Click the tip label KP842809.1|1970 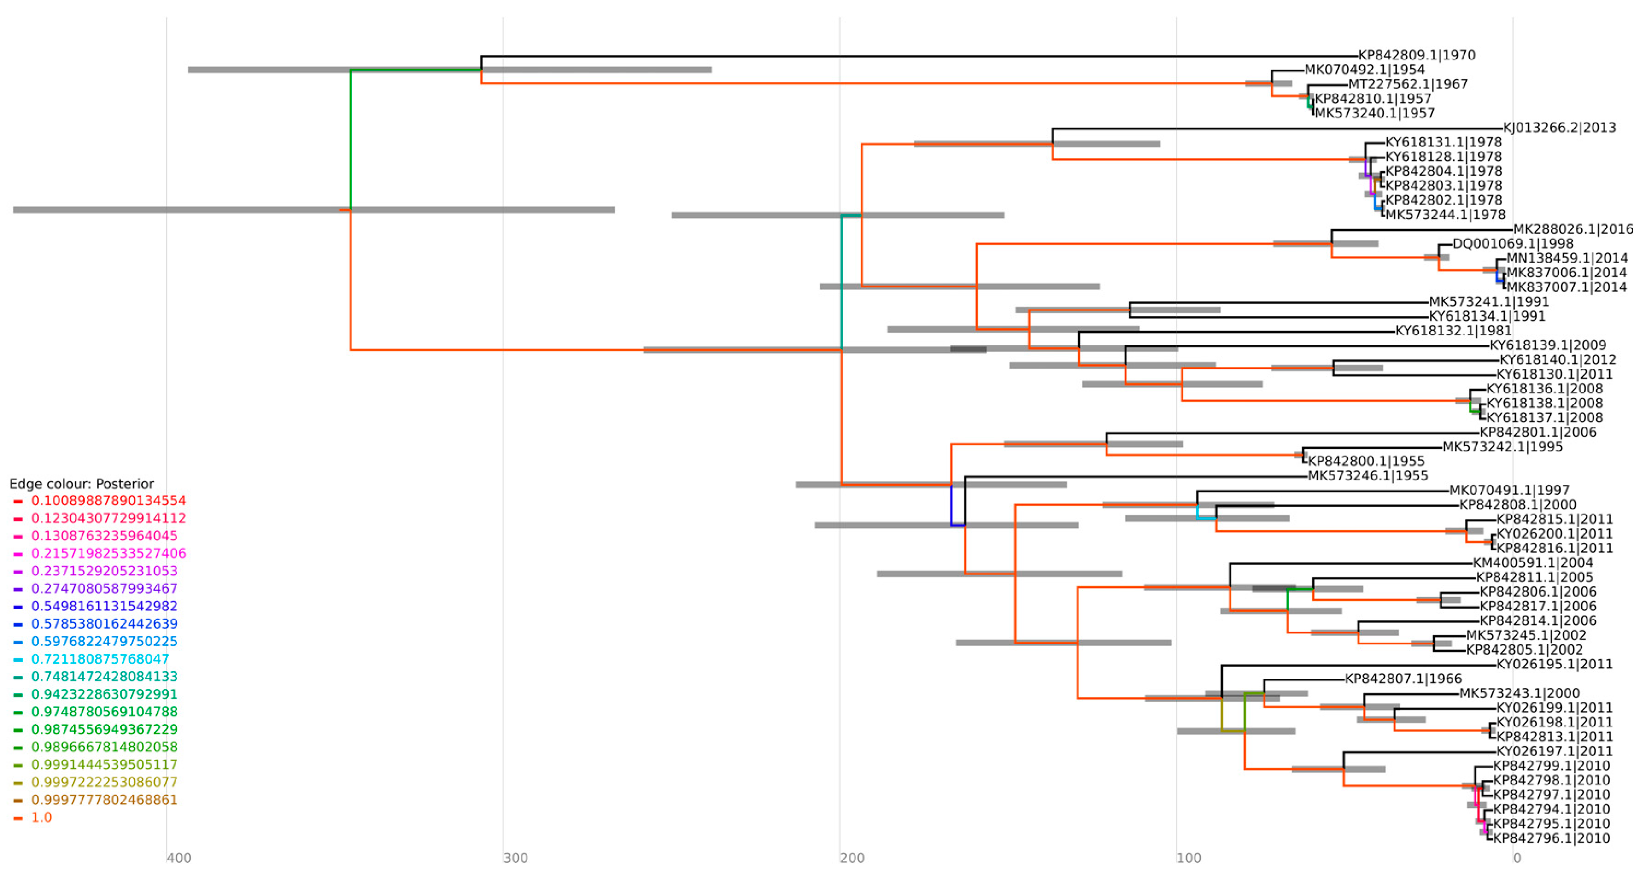tap(1417, 55)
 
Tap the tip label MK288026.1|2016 tap(1573, 229)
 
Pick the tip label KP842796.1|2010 tap(1552, 838)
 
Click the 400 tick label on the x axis tap(179, 858)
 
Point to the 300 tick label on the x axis tap(515, 858)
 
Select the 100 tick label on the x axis tap(1189, 858)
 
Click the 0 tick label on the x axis tap(1517, 858)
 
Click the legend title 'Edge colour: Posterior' tap(82, 484)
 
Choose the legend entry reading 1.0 tap(41, 818)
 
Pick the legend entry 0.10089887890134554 tap(108, 501)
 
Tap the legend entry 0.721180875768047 tap(100, 659)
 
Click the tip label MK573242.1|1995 tap(1502, 447)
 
